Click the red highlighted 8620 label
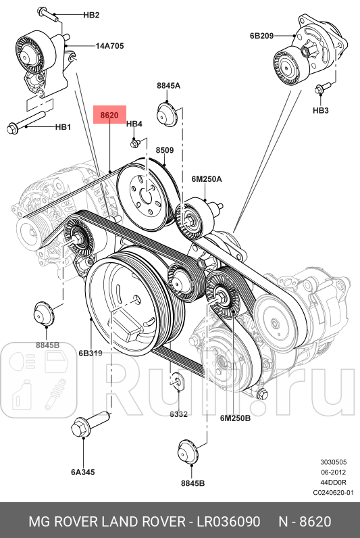109,116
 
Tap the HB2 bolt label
91,15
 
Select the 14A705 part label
109,47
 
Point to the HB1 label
63,126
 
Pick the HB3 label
320,110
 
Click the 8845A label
168,86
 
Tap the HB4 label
134,124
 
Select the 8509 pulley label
165,150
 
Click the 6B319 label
90,353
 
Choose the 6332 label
178,414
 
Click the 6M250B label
235,418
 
